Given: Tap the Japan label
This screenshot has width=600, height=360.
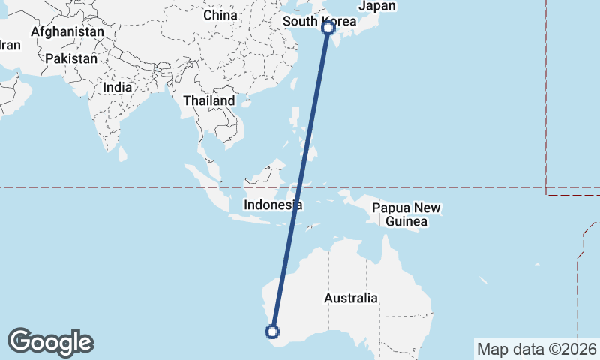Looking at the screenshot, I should point(376,6).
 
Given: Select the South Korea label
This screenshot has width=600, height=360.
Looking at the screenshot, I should point(319,21).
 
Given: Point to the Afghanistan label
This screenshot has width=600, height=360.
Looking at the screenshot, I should point(67,32).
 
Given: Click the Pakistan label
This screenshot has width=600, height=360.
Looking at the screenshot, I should point(71,58).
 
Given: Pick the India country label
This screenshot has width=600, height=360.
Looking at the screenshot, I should point(118,86).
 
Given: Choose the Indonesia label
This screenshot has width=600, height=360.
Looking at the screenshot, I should point(273,205).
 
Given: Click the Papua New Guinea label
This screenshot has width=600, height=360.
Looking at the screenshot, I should point(407,214).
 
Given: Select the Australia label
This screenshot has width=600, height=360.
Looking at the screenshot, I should point(351,298).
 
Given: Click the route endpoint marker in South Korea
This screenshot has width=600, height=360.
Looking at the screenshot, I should point(328,28).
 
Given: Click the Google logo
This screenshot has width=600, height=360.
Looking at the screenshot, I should point(50,341).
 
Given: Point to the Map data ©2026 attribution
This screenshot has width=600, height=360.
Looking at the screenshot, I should point(537,349).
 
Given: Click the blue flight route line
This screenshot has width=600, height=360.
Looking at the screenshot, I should point(301,180).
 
